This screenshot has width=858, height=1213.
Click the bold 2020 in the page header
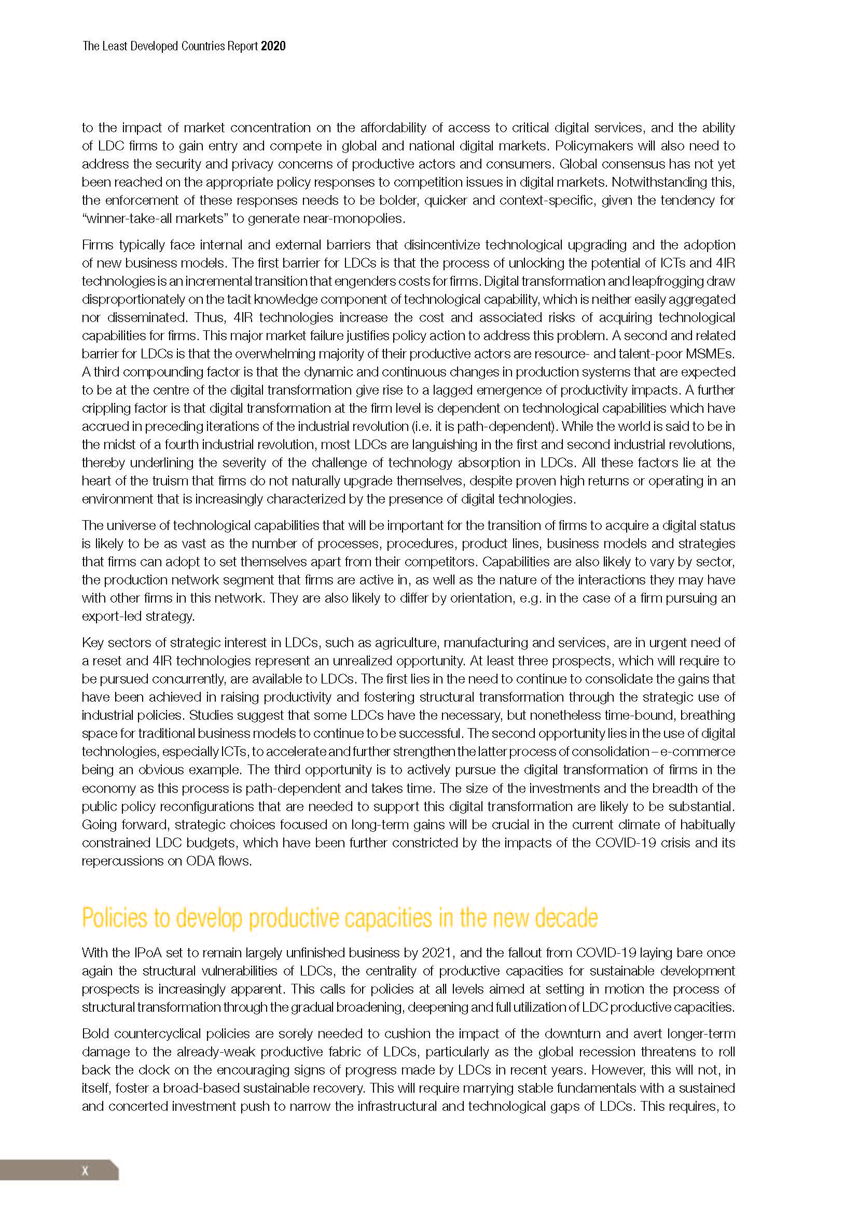273,46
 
